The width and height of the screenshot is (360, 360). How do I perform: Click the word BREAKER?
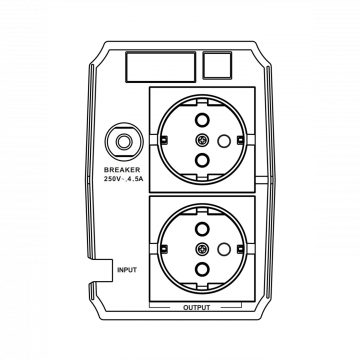(x=122, y=170)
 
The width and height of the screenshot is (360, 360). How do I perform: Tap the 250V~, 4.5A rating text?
(x=123, y=179)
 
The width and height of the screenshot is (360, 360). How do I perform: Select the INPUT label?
(x=127, y=270)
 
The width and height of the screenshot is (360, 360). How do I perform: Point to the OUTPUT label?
(x=197, y=307)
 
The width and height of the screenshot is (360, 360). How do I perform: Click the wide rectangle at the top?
(x=160, y=67)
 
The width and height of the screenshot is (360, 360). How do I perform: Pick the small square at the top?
(x=217, y=66)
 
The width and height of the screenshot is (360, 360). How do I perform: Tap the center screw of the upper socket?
(x=202, y=140)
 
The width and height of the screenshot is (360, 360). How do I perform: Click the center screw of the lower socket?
(x=202, y=249)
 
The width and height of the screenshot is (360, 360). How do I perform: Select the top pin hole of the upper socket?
(x=202, y=120)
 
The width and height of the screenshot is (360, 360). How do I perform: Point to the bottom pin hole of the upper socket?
(x=202, y=160)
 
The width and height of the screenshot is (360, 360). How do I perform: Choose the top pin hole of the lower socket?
(x=202, y=229)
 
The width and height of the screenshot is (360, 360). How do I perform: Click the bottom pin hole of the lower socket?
(x=202, y=269)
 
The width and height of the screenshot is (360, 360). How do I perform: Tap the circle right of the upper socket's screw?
(x=223, y=141)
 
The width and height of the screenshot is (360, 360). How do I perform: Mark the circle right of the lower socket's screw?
(x=223, y=249)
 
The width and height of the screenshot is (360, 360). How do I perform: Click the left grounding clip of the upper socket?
(x=164, y=140)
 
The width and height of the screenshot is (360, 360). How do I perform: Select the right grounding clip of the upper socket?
(x=240, y=140)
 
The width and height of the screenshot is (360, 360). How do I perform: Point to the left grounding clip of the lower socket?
(x=164, y=249)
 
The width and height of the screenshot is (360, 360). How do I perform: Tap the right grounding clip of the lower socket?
(x=240, y=249)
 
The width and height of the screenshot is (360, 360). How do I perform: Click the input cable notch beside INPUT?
(x=101, y=270)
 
